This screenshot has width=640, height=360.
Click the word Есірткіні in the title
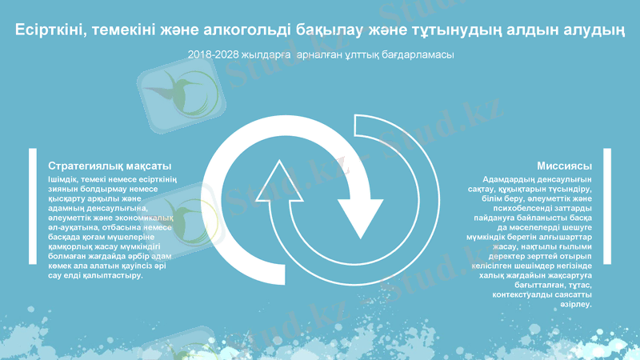[50, 30]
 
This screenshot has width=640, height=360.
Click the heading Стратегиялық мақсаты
[110, 166]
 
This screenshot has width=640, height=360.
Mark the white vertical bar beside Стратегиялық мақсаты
[31, 216]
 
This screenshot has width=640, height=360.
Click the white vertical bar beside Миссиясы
[607, 216]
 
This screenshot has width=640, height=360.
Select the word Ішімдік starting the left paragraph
[66, 178]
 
